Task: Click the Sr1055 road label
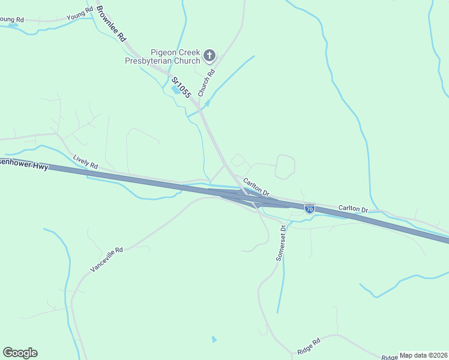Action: [181, 87]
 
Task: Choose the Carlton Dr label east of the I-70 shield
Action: [353, 208]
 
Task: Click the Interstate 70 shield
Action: [309, 209]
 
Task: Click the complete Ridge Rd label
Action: [309, 347]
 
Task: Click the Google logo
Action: [20, 353]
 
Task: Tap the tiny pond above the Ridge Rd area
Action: [214, 340]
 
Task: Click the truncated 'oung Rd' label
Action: [11, 20]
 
